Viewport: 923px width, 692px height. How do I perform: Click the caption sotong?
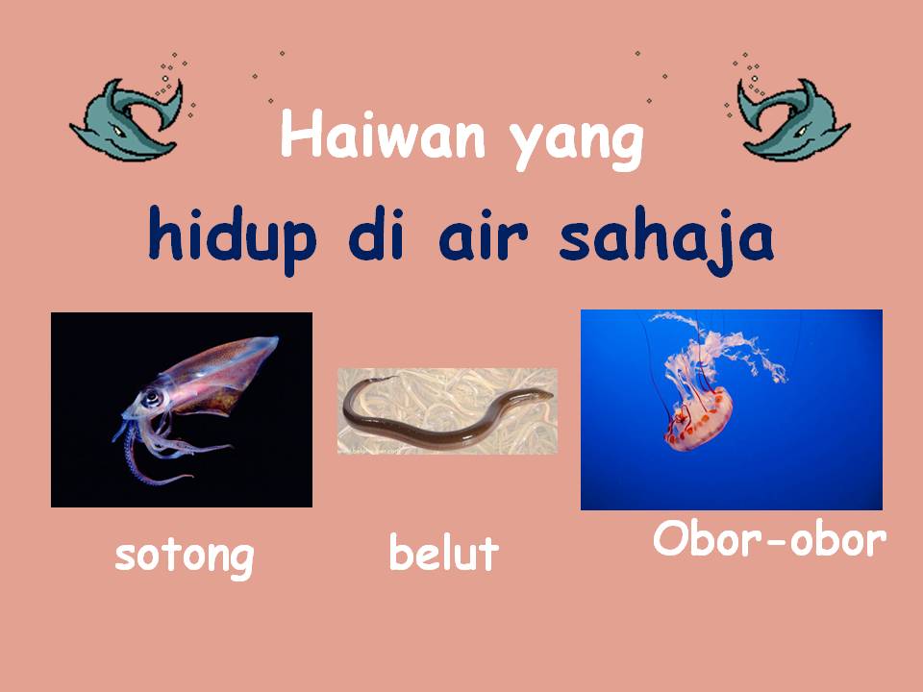pyautogui.click(x=184, y=556)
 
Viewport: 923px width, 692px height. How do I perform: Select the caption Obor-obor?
pyautogui.click(x=768, y=539)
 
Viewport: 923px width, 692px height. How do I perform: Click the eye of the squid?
pyautogui.click(x=150, y=397)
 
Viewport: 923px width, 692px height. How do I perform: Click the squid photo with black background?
pyautogui.click(x=182, y=409)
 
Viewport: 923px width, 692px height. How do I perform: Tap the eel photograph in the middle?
pyautogui.click(x=447, y=410)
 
